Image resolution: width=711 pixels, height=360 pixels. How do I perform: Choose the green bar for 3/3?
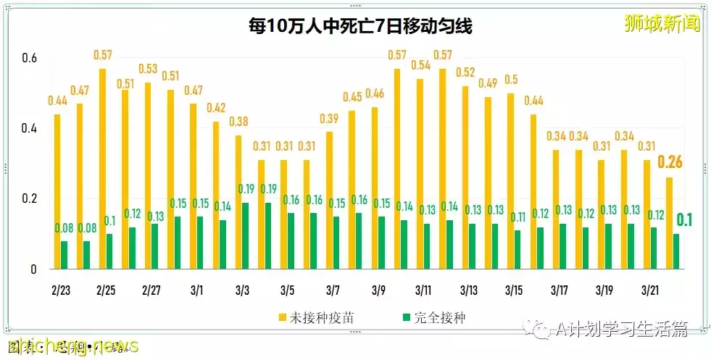coord(246,236)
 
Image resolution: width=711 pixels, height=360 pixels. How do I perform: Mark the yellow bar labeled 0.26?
coord(668,223)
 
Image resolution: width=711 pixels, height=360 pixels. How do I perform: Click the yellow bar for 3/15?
coord(510,181)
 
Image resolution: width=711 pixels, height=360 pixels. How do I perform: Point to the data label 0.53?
coord(148,69)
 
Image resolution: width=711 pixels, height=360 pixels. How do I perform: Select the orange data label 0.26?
coord(668,162)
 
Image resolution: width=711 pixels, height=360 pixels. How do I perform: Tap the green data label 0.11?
coord(517,217)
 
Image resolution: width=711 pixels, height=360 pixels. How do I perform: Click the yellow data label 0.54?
coord(420,65)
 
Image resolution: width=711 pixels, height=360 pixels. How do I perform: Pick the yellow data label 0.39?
coord(329,118)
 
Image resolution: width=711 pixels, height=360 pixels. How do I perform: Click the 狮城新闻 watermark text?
coord(662,23)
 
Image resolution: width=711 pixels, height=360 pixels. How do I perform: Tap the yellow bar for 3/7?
coord(329,201)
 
